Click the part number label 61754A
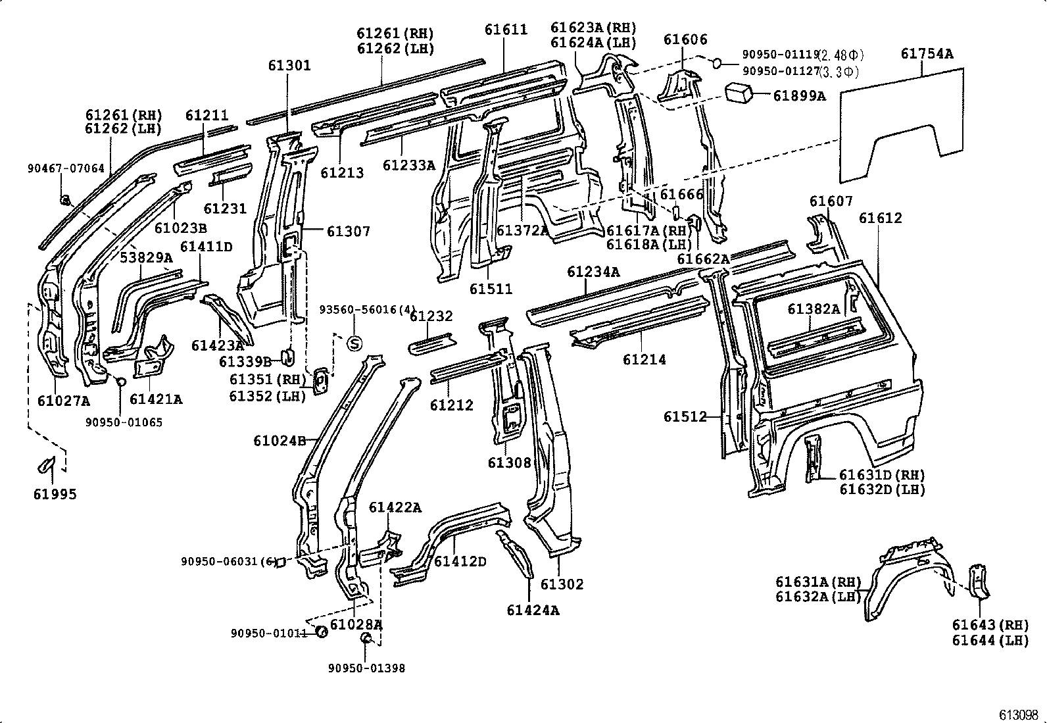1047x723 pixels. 927,55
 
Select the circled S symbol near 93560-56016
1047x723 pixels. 354,343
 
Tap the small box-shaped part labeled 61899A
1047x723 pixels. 739,93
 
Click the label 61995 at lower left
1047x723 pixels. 55,494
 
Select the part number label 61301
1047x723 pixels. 289,66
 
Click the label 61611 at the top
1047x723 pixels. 506,30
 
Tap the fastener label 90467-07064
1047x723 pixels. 66,168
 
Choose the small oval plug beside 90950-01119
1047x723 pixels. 717,62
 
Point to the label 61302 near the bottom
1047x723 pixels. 562,584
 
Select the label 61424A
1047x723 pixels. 533,610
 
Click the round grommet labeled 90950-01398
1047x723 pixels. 367,639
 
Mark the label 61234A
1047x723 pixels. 593,272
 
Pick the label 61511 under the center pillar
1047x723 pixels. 491,289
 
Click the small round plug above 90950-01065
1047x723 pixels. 120,382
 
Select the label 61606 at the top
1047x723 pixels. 685,39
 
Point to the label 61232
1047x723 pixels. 431,316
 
